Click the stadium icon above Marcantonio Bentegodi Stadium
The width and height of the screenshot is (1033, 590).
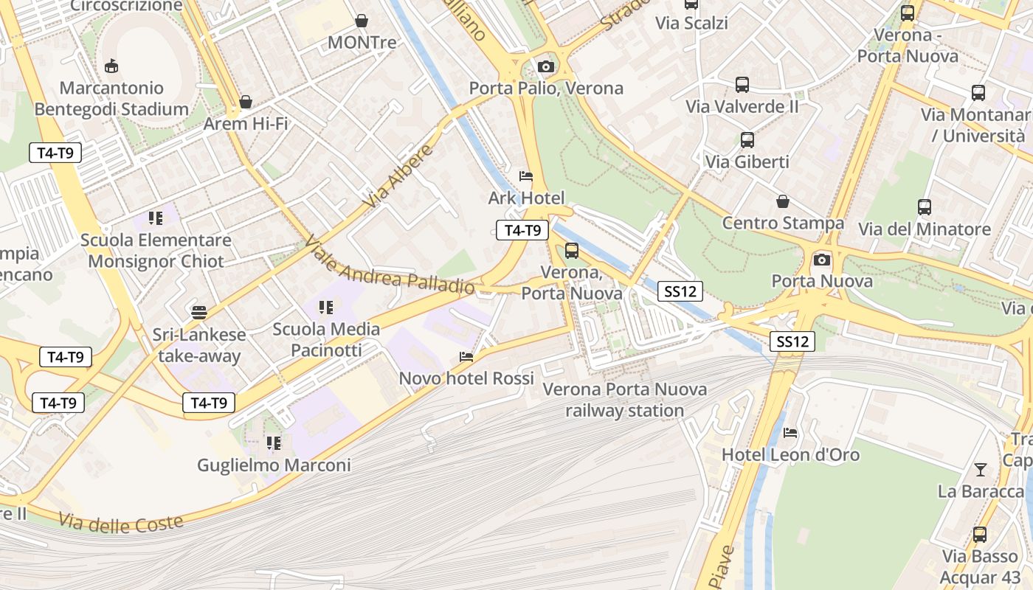point(111,66)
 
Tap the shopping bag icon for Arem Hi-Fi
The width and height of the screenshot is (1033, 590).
point(246,102)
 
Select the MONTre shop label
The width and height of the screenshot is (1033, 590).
point(362,42)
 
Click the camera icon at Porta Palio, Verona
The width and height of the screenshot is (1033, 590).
point(546,67)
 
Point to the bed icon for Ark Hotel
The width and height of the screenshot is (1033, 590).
point(526,176)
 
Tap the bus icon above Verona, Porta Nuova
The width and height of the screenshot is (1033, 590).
point(572,251)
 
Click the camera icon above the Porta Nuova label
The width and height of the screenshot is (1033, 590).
point(821,260)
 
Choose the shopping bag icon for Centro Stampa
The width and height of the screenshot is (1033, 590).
point(783,201)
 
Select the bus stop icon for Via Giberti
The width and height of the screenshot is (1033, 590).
point(747,140)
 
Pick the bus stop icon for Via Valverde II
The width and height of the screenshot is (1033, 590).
point(742,85)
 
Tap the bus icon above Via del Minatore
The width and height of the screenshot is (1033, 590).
point(925,207)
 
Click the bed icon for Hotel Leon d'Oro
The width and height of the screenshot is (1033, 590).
point(790,433)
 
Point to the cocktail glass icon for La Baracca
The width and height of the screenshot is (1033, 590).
point(981,470)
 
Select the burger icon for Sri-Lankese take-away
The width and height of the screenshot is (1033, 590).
point(198,313)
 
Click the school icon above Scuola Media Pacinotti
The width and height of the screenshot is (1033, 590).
point(326,307)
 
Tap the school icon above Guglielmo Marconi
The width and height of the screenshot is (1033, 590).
point(274,443)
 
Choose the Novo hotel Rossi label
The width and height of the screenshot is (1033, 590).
point(466,378)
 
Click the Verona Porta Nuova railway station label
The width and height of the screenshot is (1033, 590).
point(625,400)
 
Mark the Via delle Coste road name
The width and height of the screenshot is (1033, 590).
point(120,524)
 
